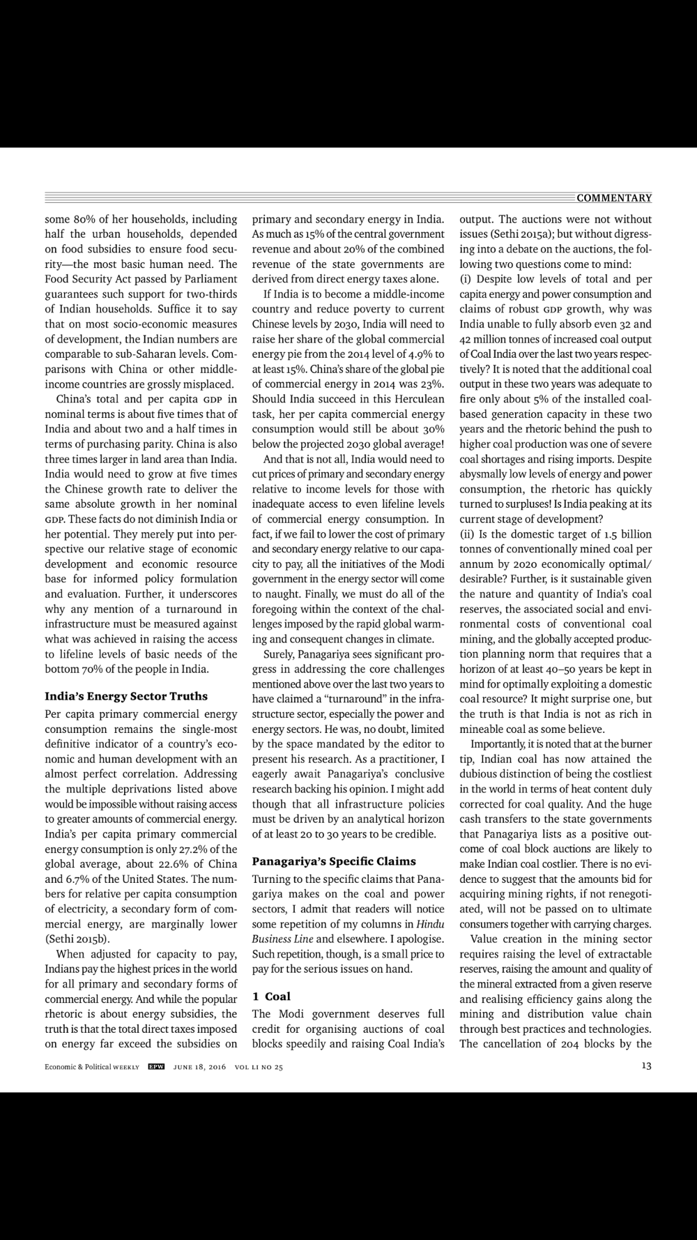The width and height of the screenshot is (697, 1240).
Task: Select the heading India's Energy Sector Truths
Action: (x=126, y=696)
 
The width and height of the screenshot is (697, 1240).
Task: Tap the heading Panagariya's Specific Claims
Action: (x=334, y=861)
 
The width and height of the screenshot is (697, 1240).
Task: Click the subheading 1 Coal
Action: (x=271, y=997)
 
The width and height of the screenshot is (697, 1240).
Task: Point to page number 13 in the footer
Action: (x=646, y=1066)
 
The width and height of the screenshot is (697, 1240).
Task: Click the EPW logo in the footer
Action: (x=156, y=1066)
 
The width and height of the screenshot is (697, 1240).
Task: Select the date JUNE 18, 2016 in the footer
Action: (x=199, y=1066)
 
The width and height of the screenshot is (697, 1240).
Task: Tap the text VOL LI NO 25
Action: (x=259, y=1066)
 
